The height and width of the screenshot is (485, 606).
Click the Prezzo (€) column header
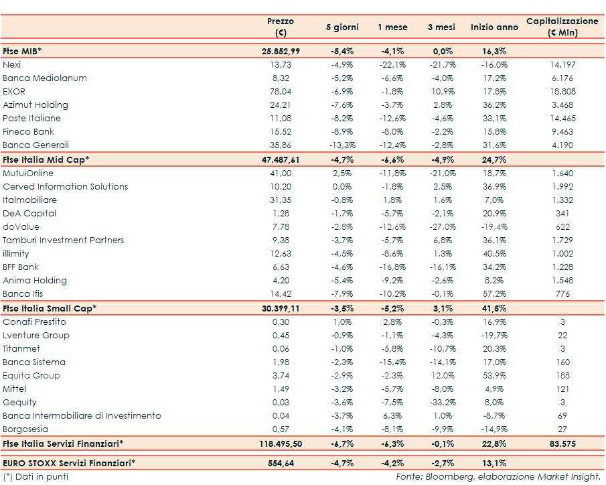point(280,27)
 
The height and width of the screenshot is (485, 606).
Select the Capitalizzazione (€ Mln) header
point(562,27)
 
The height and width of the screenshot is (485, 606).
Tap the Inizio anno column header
point(494,27)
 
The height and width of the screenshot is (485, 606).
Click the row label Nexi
point(11,65)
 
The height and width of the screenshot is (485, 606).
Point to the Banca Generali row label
point(35,145)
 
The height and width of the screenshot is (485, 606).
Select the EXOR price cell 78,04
point(280,92)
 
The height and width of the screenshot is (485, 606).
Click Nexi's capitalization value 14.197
point(562,65)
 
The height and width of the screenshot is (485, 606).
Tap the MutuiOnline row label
point(28,174)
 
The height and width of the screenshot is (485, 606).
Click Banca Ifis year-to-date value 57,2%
point(494,294)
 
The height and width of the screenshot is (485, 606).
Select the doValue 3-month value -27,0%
point(442,227)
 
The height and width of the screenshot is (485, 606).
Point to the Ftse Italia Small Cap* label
point(50,308)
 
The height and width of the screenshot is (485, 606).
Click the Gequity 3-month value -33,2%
point(442,403)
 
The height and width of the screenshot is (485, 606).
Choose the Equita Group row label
point(31,376)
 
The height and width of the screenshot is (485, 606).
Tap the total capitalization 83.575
point(562,443)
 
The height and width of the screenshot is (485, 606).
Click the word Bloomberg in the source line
point(445,477)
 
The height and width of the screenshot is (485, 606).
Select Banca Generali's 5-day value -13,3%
point(342,145)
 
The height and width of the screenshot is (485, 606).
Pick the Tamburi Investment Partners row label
point(63,240)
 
